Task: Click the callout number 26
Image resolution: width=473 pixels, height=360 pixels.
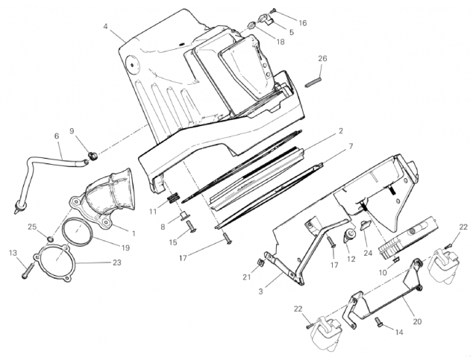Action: pos(322,58)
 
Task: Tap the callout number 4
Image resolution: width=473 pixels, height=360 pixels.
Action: pos(105,27)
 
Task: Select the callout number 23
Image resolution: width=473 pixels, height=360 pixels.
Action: pos(116,262)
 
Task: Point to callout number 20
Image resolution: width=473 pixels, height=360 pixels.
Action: pos(417,321)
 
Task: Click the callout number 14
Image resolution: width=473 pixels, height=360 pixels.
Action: pos(399,332)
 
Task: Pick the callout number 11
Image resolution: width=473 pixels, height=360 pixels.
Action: pos(153,212)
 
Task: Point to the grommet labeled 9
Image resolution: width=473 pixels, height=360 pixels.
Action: pos(94,156)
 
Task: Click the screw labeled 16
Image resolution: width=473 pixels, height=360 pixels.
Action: pos(274,10)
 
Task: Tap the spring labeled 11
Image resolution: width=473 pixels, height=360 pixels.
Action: pos(173,198)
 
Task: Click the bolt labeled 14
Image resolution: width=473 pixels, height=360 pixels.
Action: pos(378,321)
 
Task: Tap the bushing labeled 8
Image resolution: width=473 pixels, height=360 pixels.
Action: pos(184,216)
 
